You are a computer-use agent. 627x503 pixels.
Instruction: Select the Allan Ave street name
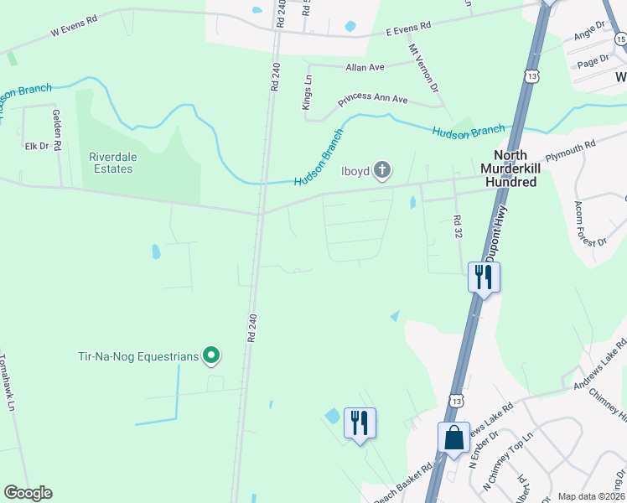[365, 67]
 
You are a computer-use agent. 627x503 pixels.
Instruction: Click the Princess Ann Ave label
[372, 100]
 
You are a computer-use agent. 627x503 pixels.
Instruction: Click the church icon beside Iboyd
[381, 172]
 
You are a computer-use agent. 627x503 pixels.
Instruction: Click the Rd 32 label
[458, 227]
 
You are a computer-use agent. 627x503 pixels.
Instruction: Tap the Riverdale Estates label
[111, 163]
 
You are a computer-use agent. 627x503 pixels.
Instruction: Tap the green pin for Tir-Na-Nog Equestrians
[212, 356]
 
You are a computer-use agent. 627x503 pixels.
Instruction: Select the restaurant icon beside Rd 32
[483, 277]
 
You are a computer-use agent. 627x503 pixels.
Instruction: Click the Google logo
[28, 493]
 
